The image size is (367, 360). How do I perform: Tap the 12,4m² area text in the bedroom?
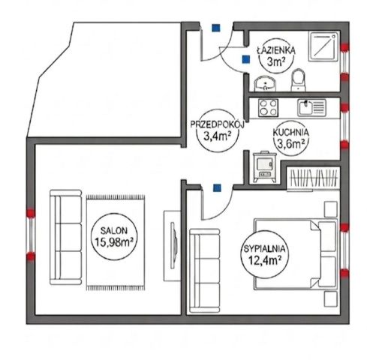click(264, 260)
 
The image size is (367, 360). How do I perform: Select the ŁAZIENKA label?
click(276, 50)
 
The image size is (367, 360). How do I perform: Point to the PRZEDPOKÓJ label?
click(217, 124)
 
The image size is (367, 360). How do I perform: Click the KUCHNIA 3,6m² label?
click(290, 139)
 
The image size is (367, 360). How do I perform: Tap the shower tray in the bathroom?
click(324, 46)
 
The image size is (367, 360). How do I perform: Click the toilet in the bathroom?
click(299, 80)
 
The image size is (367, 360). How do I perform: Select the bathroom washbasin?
click(265, 83)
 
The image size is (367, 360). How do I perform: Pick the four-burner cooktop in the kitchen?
click(269, 108)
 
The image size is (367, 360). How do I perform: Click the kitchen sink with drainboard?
click(311, 108)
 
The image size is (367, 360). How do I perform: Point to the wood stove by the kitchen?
click(265, 166)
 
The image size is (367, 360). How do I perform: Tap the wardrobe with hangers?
click(313, 178)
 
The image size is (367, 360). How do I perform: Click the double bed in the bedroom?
click(295, 253)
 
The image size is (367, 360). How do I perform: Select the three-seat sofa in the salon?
click(66, 237)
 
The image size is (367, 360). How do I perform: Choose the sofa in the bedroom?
click(205, 271)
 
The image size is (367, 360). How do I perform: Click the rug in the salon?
click(116, 242)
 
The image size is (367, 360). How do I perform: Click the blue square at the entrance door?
click(215, 28)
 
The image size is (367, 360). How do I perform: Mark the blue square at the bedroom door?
click(217, 187)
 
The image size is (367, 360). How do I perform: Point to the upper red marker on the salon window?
click(31, 213)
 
